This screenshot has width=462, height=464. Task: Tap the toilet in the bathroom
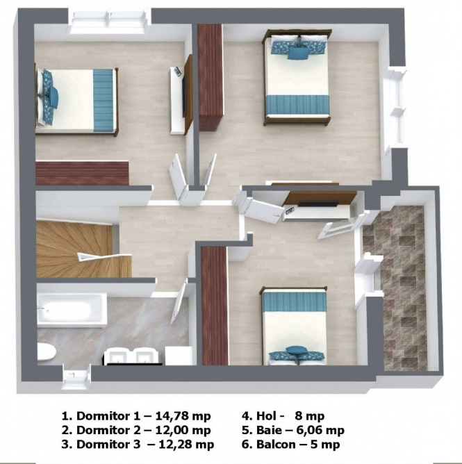[x=47, y=352]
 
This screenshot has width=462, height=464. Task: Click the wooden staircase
[x=83, y=250]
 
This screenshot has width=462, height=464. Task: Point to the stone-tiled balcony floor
[x=395, y=288]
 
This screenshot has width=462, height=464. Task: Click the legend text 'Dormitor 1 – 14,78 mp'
[x=136, y=416]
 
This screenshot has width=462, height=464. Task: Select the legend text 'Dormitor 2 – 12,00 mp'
[x=136, y=430]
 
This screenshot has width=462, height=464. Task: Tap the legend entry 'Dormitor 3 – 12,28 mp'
[x=138, y=444]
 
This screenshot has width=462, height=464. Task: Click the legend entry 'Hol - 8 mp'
[x=283, y=416]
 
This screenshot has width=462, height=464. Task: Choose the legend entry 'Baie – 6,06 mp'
[x=293, y=430]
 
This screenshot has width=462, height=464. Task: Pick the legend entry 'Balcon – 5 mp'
[x=290, y=444]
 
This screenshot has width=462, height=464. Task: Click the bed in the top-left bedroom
[x=76, y=101]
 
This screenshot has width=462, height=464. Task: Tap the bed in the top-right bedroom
[x=297, y=77]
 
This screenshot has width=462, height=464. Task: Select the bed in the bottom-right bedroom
[x=294, y=326]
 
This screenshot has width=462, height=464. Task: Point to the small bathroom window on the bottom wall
[x=76, y=377]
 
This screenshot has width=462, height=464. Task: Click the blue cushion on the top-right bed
[x=298, y=53]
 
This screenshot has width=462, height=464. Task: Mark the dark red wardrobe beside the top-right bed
[x=211, y=77]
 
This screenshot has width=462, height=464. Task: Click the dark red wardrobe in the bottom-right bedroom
[x=214, y=306]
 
